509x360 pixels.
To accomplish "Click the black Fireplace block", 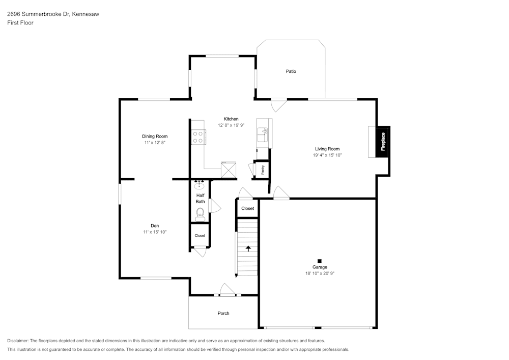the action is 383,142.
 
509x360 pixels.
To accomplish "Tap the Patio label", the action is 291,71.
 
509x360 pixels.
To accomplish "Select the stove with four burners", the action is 198,137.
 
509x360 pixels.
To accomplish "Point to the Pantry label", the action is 263,170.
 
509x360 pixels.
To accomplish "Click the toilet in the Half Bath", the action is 200,214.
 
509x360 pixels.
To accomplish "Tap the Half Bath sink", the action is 199,185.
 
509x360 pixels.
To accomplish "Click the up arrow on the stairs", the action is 248,248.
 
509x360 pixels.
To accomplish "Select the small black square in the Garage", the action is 320,261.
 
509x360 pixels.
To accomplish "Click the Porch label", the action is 223,313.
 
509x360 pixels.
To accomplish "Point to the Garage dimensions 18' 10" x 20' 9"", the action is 320,273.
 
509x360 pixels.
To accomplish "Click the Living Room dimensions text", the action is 327,155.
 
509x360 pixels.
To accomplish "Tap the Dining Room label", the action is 155,136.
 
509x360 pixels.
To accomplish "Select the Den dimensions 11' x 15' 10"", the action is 155,232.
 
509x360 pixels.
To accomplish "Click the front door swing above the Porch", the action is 228,290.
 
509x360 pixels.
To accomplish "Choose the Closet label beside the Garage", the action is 248,208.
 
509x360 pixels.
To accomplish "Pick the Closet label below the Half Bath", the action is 200,236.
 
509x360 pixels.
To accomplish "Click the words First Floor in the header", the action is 20,23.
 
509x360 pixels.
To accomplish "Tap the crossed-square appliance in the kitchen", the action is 229,170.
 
